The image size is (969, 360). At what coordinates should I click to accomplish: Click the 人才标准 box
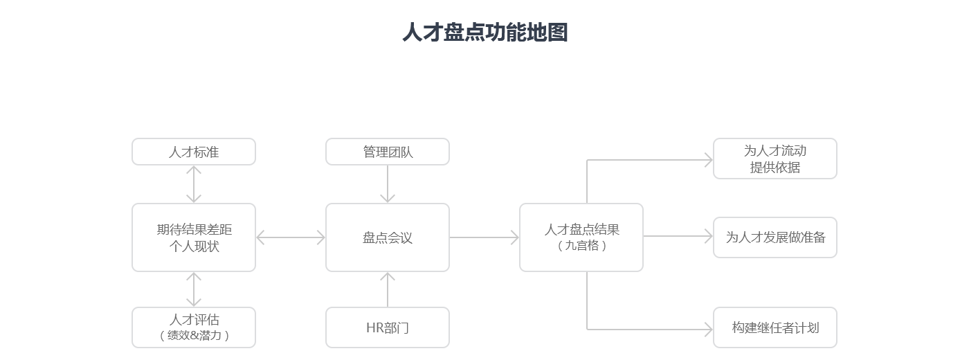[x=194, y=152]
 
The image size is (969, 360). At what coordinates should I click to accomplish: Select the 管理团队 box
[x=388, y=152]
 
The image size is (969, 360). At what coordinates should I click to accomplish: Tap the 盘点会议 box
[x=388, y=237]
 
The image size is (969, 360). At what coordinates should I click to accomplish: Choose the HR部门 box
[x=388, y=327]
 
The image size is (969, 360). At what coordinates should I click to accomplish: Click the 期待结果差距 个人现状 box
[x=194, y=237]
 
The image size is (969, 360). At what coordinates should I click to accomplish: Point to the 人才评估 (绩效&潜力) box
[x=194, y=327]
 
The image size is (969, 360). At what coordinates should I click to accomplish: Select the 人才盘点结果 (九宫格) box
[x=581, y=237]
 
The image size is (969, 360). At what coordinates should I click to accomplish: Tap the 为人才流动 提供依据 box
[x=775, y=159]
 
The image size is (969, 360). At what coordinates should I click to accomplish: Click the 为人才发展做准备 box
[x=775, y=237]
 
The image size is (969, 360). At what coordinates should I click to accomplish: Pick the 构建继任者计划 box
[x=775, y=327]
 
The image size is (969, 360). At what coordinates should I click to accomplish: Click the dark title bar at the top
[x=484, y=32]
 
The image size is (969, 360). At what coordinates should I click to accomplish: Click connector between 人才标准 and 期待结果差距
[x=194, y=184]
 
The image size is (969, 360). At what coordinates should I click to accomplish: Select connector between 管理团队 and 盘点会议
[x=388, y=183]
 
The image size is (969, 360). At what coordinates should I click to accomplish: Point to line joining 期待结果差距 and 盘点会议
[x=291, y=237]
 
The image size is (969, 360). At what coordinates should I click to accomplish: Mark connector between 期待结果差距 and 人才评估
[x=194, y=289]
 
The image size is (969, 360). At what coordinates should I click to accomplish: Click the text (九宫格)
[x=581, y=246]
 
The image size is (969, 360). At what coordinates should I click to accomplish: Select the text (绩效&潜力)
[x=194, y=336]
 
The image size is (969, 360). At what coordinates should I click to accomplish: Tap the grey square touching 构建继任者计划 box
[x=708, y=329]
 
